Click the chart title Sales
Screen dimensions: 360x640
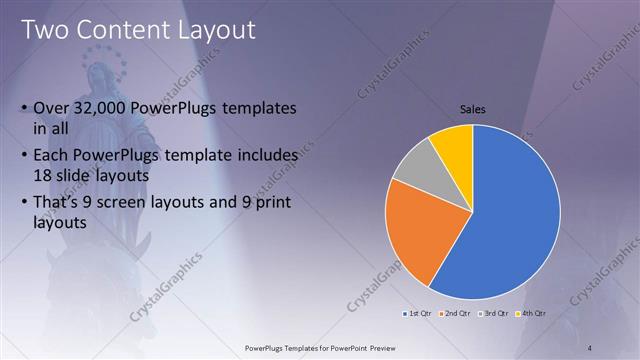[473, 109]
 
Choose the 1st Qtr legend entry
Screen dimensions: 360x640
[417, 313]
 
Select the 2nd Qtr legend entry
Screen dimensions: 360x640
[456, 313]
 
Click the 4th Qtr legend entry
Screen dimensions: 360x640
[531, 313]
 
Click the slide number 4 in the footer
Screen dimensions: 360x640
[590, 347]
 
